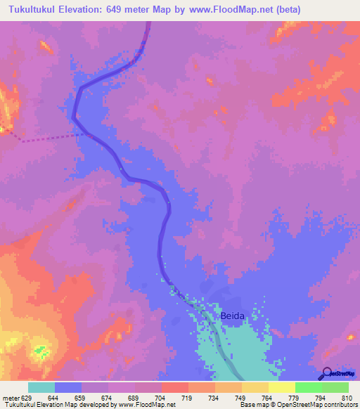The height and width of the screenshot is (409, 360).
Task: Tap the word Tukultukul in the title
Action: click(x=34, y=10)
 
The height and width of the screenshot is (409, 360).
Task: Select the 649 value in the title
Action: click(x=129, y=10)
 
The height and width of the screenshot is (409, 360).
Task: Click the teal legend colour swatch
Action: click(x=41, y=387)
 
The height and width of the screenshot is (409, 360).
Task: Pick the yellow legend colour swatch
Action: click(x=281, y=387)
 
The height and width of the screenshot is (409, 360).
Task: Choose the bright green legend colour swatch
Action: click(x=308, y=387)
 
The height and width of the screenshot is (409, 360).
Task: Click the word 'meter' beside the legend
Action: click(x=11, y=397)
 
